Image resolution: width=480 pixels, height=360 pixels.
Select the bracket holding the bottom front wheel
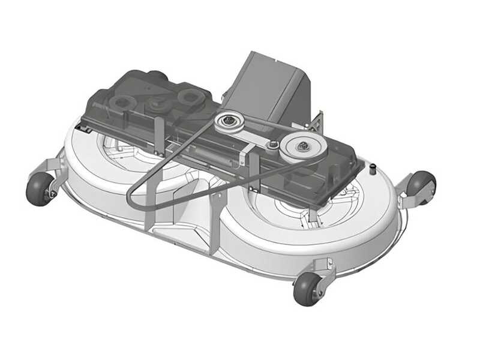click(x=323, y=270)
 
